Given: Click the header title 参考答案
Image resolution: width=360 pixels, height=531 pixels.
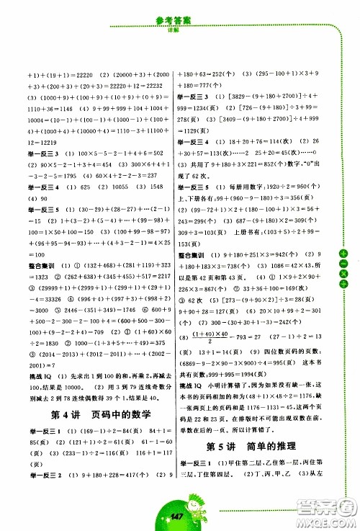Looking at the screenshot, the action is (179, 8).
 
